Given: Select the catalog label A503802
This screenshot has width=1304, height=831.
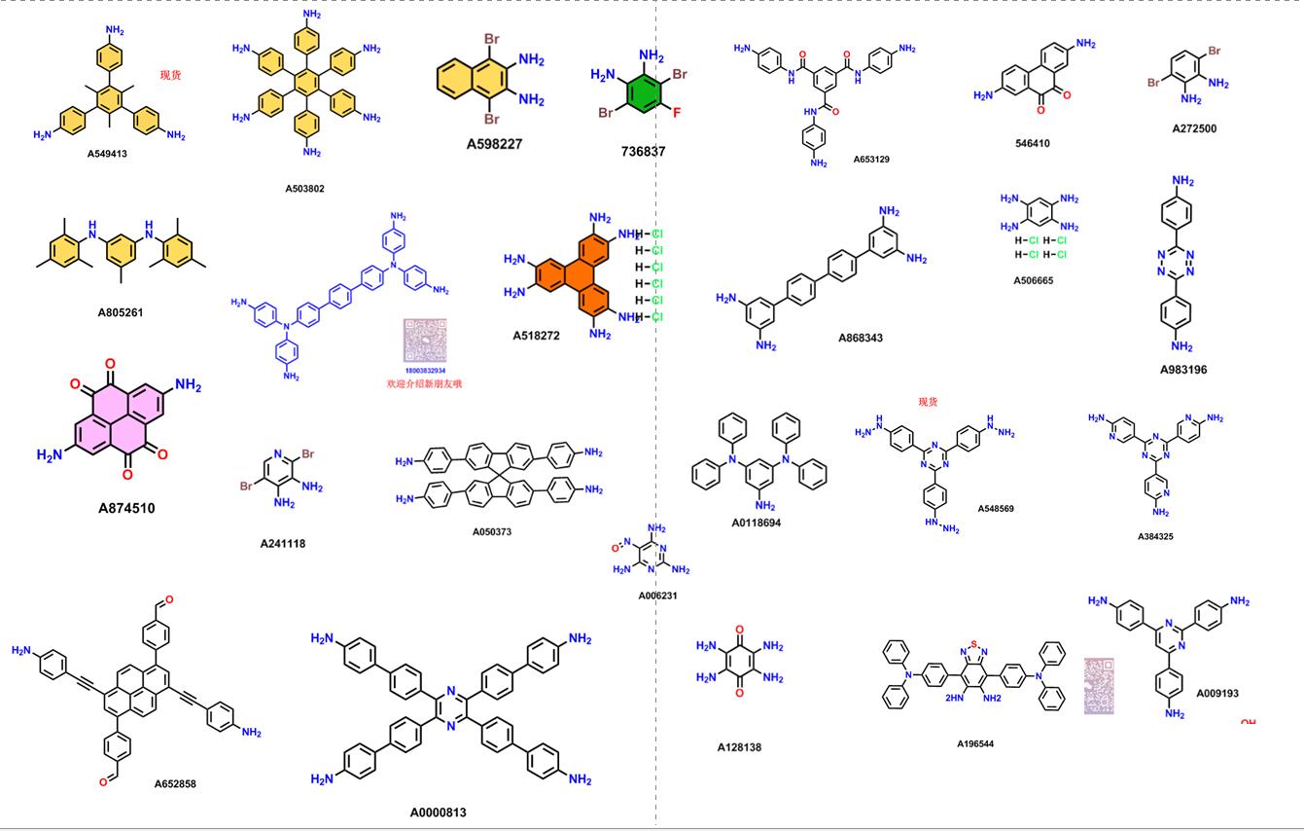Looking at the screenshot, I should [304, 189].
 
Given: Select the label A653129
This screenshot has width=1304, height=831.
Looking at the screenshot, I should [871, 159].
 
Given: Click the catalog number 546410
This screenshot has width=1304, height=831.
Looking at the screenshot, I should [1032, 143].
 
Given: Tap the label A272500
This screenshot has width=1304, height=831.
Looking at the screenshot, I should [1194, 128].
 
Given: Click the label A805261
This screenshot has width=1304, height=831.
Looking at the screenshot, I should [126, 312].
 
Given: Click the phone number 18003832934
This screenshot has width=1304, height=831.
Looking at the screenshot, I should [425, 371].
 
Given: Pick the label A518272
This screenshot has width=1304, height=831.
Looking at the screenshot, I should [537, 336].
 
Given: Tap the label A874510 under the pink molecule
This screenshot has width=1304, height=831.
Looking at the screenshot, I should [126, 508].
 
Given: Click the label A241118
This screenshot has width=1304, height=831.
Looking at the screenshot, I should [282, 544].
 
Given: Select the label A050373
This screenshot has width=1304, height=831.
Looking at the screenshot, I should [492, 532].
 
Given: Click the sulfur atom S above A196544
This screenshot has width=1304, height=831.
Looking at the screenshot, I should [973, 645].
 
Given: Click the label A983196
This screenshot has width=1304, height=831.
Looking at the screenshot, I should [1183, 370].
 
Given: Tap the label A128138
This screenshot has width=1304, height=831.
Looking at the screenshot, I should [739, 747].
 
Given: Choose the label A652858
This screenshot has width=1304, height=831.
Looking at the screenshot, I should [175, 783].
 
